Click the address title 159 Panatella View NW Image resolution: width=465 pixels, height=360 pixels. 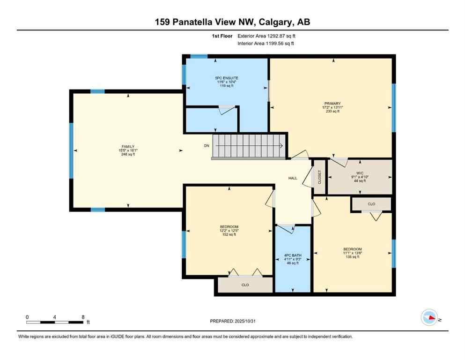232,22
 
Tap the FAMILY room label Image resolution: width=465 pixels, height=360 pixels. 128,147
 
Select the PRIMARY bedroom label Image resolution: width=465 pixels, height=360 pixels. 332,104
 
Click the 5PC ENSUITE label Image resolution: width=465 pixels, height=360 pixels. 227,78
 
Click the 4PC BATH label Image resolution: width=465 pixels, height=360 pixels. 293,256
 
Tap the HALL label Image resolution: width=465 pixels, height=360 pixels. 293,178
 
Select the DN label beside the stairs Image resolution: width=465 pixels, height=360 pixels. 207,146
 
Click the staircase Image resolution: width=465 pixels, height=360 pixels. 249,147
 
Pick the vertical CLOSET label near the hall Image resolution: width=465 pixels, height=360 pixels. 320,176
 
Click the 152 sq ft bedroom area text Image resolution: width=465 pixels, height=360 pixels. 229,234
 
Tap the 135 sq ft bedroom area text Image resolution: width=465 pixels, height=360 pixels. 352,257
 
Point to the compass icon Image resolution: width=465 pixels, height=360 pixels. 429,317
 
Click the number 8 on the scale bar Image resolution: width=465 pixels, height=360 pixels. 83,317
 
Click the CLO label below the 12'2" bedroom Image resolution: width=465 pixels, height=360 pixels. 245,285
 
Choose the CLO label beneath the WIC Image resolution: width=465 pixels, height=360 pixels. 371,204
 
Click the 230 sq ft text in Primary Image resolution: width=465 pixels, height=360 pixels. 332,111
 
